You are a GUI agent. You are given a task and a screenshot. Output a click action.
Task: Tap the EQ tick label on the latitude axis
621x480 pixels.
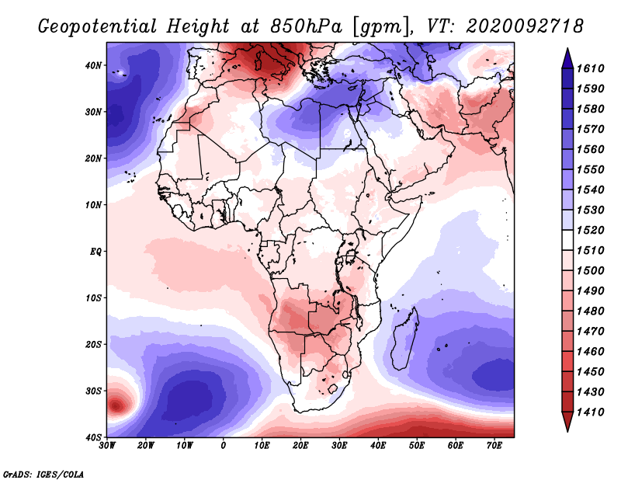pos(95,252)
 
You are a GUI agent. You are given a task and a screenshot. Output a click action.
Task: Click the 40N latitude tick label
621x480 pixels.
pos(93,65)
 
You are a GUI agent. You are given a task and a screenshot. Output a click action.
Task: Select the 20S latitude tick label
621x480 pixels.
pos(93,344)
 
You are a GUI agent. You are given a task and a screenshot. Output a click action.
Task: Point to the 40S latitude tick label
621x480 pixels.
pos(93,437)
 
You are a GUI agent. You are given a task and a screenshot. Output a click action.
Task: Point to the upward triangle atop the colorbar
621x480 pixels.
pos(567,57)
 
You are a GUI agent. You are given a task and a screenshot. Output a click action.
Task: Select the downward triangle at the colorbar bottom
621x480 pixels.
pos(567,423)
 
